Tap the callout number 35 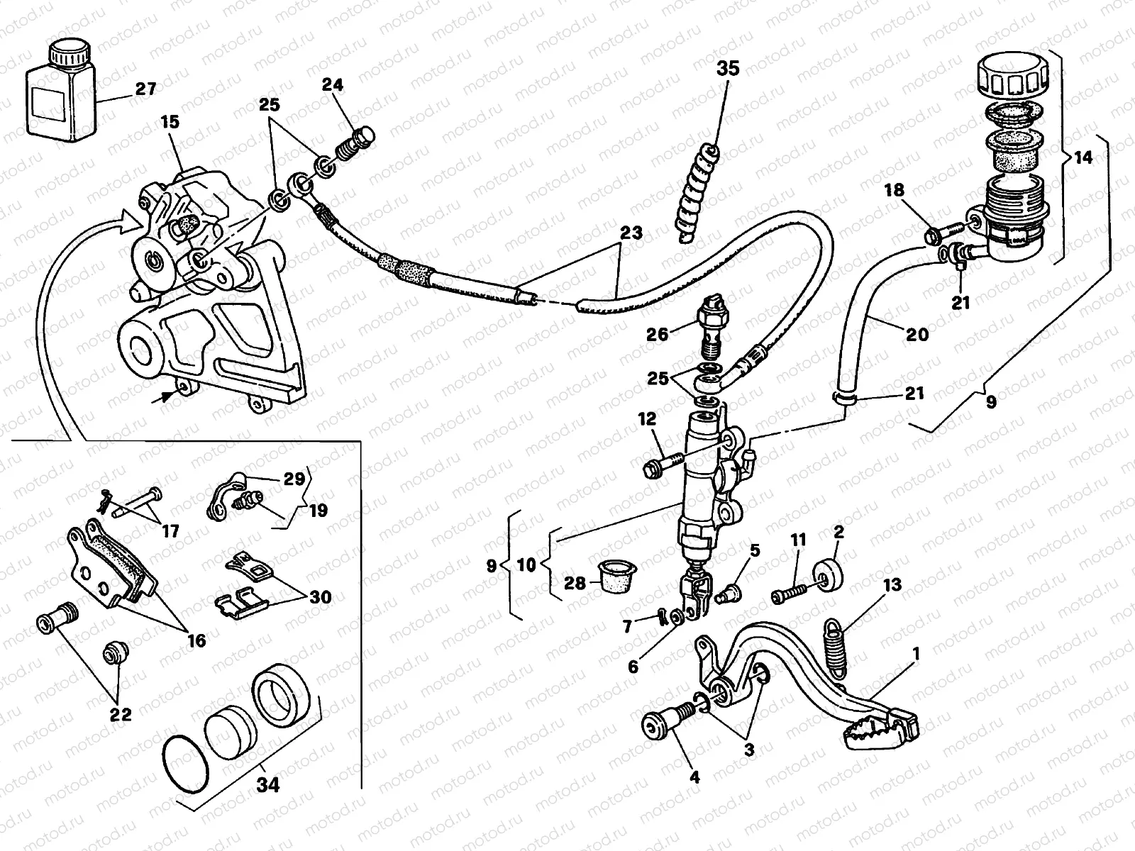coord(728,69)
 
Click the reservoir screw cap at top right coord(1011,77)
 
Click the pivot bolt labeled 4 coord(663,728)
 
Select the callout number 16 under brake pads coord(196,641)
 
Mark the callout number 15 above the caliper coord(170,123)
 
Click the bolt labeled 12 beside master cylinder coord(658,465)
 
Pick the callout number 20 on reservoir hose coord(917,333)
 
